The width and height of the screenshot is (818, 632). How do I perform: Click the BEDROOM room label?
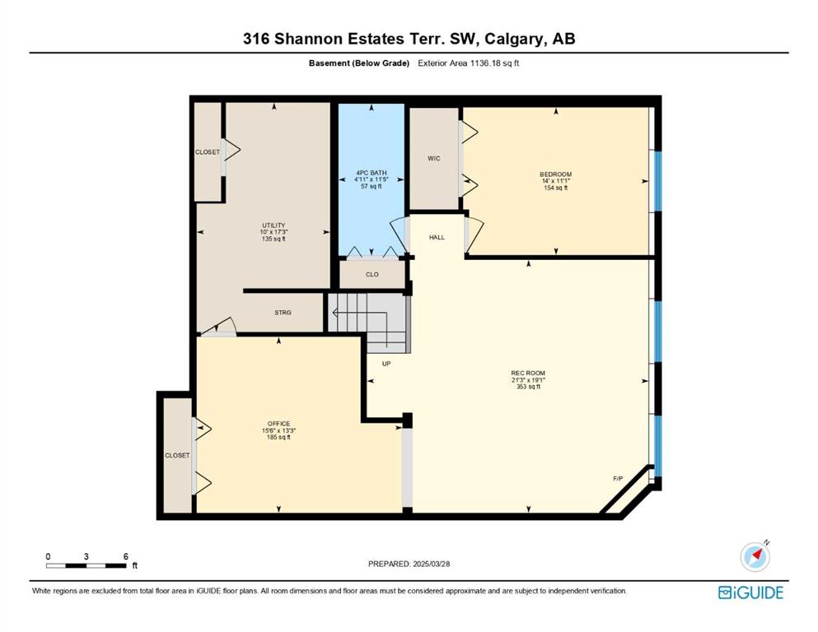(x=555, y=174)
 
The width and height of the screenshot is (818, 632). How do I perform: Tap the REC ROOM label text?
(x=528, y=373)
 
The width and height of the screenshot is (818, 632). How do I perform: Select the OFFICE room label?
(x=278, y=424)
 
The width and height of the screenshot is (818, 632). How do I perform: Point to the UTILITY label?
(x=273, y=225)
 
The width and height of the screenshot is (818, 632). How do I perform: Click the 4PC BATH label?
(x=372, y=173)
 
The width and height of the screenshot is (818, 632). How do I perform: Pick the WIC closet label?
(x=434, y=158)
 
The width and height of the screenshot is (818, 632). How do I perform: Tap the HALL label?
(x=437, y=237)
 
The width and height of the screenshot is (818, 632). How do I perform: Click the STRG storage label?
(x=283, y=313)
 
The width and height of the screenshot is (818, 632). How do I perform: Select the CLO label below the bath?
(x=372, y=275)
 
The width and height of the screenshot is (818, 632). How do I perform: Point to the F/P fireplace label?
(x=618, y=478)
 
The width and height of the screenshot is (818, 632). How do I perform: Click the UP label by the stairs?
(x=386, y=364)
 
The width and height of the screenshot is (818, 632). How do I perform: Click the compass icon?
(x=755, y=556)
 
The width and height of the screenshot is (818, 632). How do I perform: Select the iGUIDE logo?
(x=750, y=593)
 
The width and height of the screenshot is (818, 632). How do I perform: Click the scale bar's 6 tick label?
(x=126, y=556)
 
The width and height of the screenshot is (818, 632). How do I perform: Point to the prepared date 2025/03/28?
(x=431, y=564)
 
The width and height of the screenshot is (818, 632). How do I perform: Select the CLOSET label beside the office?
(x=177, y=455)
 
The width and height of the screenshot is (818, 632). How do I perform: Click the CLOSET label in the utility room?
(x=207, y=152)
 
